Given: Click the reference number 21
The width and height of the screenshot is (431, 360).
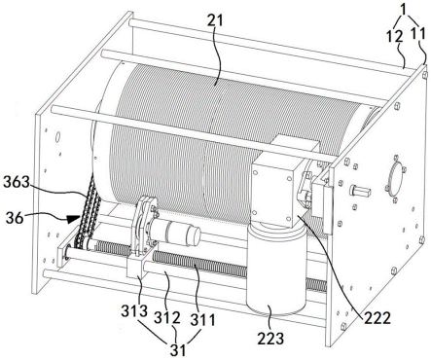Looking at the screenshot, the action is [x=215, y=20].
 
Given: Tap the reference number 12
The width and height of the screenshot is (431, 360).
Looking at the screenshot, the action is [x=394, y=36].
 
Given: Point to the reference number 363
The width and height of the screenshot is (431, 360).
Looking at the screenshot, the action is [x=17, y=182].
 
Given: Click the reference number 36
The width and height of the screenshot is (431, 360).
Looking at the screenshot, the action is [x=16, y=218].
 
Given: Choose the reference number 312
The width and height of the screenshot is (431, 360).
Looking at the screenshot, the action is [x=167, y=318].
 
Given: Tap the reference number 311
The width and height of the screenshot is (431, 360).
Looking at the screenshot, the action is [x=202, y=320].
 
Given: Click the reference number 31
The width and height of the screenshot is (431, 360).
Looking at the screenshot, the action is [x=178, y=350].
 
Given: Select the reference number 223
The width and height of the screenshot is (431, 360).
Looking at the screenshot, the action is [x=270, y=339].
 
